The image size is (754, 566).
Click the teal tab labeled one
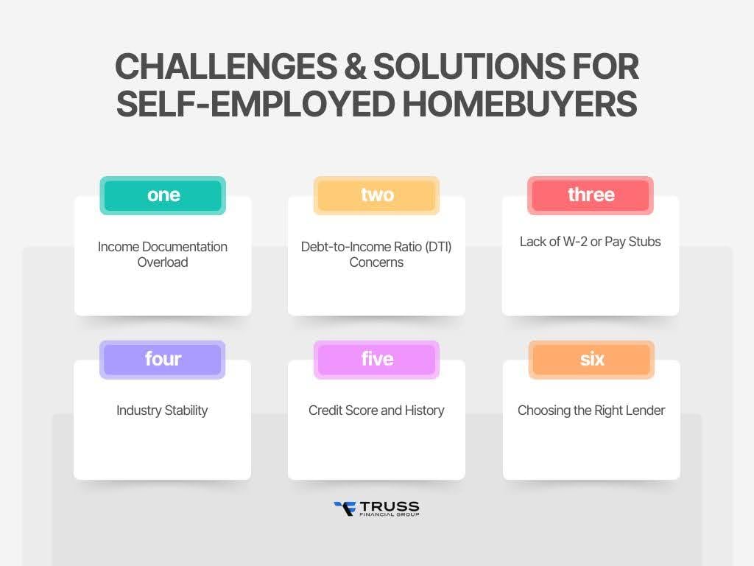coord(163,195)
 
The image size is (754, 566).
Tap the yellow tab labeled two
coord(376,195)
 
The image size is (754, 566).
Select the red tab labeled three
coord(591,195)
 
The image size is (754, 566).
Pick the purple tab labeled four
coord(163,360)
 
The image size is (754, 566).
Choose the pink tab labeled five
coord(376,360)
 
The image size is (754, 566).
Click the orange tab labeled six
coord(591,360)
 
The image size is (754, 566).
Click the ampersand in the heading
coord(355,68)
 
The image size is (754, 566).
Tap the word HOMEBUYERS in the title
coord(519,105)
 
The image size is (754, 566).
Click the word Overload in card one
coord(163,262)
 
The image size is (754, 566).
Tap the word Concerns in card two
coord(376,262)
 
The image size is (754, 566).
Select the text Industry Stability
coord(162,410)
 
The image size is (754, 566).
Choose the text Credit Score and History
coord(376,410)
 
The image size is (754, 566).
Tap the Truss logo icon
coord(345,508)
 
